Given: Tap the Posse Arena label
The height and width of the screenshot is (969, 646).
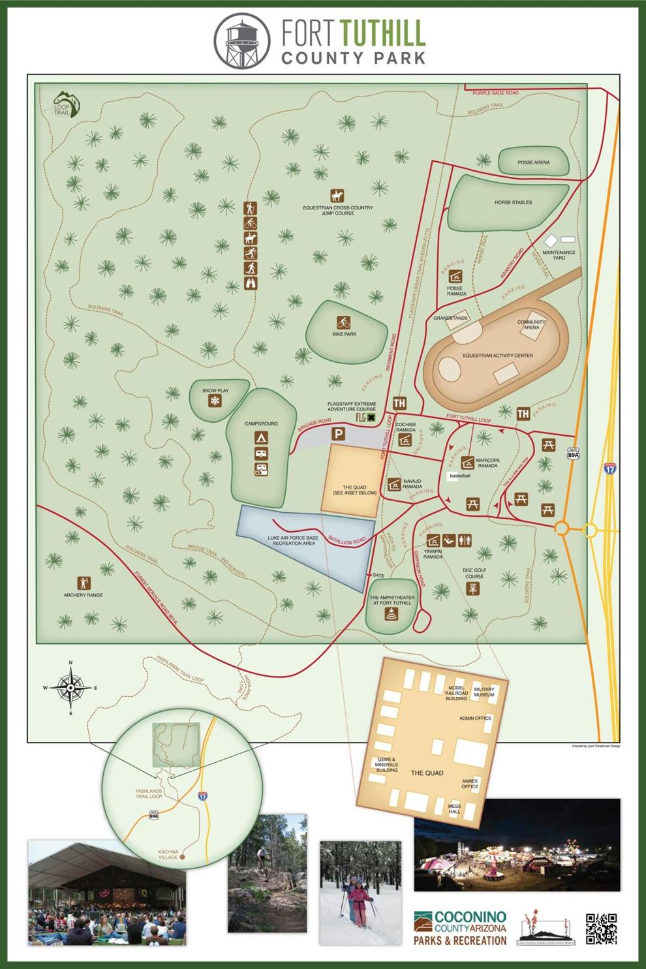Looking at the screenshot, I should (533, 162).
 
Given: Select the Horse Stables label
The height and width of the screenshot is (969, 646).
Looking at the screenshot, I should (513, 202).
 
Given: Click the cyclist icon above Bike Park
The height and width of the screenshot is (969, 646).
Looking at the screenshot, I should (344, 322).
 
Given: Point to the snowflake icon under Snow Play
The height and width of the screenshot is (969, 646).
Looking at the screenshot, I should (213, 401).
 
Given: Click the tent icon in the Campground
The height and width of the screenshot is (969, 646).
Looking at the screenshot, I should (260, 437).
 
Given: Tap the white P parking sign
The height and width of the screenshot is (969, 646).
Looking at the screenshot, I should (339, 433).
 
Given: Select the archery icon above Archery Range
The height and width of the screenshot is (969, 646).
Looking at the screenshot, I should (84, 583).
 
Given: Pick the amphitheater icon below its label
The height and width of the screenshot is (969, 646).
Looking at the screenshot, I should (391, 614).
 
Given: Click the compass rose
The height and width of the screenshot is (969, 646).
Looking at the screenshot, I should (70, 688).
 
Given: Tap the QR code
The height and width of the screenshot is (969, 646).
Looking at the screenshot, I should (601, 929).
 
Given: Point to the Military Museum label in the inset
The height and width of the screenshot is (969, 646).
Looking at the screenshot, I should (484, 692).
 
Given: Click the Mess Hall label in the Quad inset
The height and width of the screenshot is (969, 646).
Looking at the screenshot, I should (454, 808).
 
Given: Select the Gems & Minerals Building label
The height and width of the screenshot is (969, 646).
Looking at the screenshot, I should (387, 765).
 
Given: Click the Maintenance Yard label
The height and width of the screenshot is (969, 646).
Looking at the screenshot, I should (559, 255).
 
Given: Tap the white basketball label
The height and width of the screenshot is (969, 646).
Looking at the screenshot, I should (460, 476).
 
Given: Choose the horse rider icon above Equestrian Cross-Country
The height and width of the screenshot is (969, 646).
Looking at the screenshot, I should (337, 196).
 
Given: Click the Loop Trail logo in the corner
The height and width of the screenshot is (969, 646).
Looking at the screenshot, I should (64, 104).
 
